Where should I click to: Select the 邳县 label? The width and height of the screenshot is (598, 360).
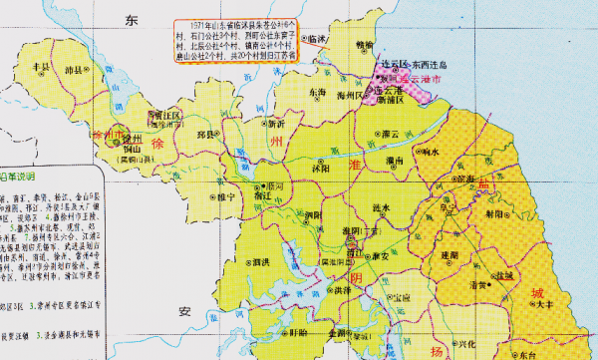tap(207, 131)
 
